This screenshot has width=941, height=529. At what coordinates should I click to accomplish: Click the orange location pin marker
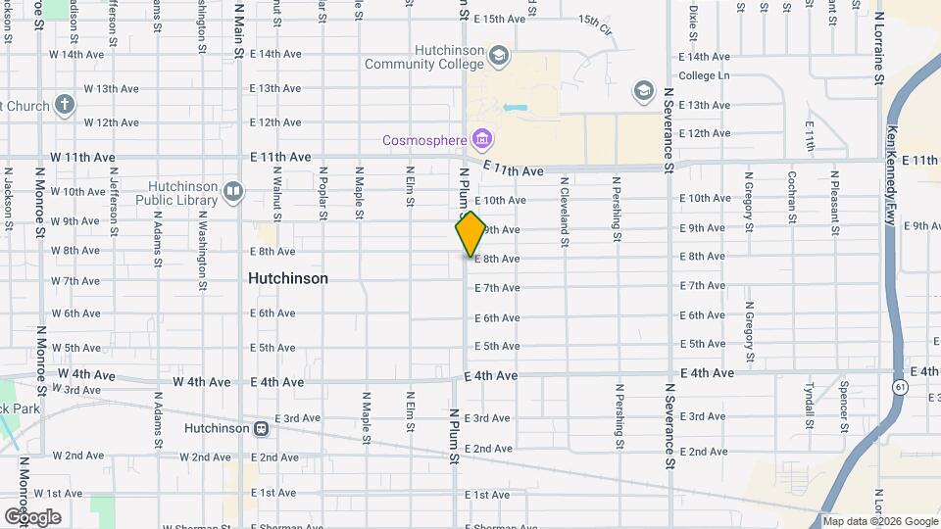[x=470, y=233]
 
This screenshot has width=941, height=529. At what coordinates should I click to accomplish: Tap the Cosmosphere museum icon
[x=482, y=139]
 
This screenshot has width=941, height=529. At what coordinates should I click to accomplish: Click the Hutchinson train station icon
[x=262, y=428]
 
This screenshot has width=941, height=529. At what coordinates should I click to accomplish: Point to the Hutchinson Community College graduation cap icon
[x=499, y=55]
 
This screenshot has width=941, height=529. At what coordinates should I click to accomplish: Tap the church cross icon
[x=64, y=105]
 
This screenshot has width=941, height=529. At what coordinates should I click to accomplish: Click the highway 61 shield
[x=900, y=388]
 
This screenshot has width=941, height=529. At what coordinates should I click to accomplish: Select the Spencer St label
[x=843, y=406]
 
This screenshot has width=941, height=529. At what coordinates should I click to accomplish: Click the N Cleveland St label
[x=565, y=204]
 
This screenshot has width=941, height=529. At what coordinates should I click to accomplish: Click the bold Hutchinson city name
[x=288, y=278]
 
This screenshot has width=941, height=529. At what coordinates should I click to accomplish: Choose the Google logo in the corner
[x=33, y=516]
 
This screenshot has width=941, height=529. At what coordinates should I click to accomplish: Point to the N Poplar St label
[x=322, y=192]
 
